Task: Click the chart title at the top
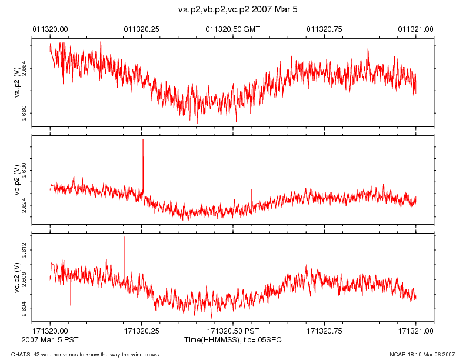click(233, 10)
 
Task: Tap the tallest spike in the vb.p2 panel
click(142, 141)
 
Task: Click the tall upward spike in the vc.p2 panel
click(125, 239)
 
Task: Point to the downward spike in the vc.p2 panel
click(71, 304)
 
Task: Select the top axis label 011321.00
click(416, 29)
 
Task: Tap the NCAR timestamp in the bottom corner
click(422, 354)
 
